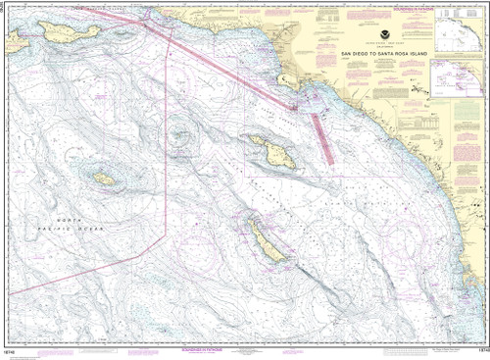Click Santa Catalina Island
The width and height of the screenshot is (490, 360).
(x=266, y=148)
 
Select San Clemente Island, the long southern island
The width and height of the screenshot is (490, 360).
(x=265, y=240)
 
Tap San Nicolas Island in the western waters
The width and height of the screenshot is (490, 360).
(x=104, y=179)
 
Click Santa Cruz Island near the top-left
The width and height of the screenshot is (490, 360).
(x=61, y=31)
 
